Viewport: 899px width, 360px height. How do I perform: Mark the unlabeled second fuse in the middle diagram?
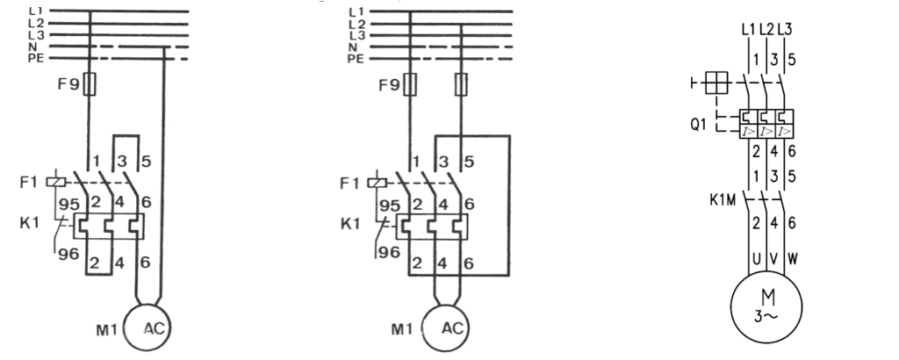(x=462, y=84)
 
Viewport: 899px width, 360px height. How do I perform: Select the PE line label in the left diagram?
(x=36, y=58)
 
